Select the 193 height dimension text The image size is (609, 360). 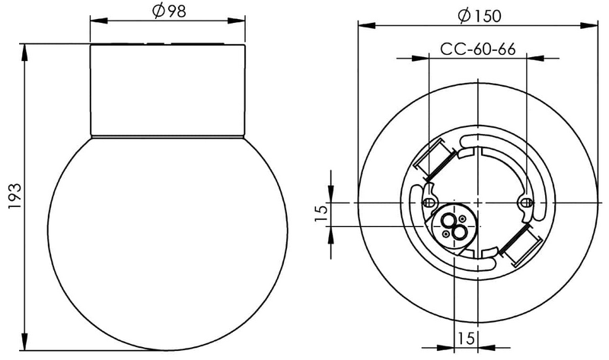15,196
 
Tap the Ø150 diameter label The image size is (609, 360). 480,15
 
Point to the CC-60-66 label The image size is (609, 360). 478,49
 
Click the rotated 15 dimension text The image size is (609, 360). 321,214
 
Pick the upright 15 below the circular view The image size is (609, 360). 466,338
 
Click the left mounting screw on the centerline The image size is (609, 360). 428,202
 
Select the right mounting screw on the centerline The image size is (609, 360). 527,202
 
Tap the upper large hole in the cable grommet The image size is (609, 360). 449,220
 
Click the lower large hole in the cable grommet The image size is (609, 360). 460,234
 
